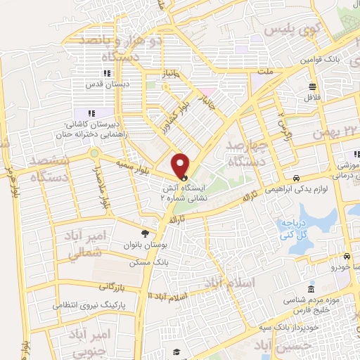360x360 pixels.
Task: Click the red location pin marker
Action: (181, 166)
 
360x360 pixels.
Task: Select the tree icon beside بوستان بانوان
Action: (145, 233)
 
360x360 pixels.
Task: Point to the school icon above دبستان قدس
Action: (106, 73)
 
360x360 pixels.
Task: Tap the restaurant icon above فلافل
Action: (313, 87)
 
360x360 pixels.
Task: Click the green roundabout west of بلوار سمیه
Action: (93, 152)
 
